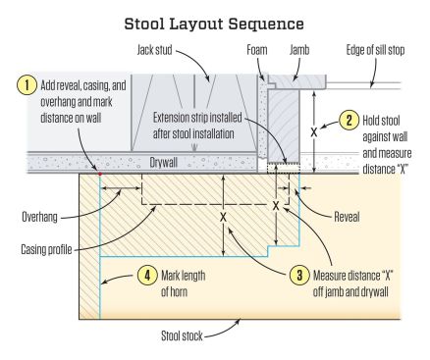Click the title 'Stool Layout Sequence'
(x=215, y=20)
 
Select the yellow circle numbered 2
(x=348, y=121)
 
